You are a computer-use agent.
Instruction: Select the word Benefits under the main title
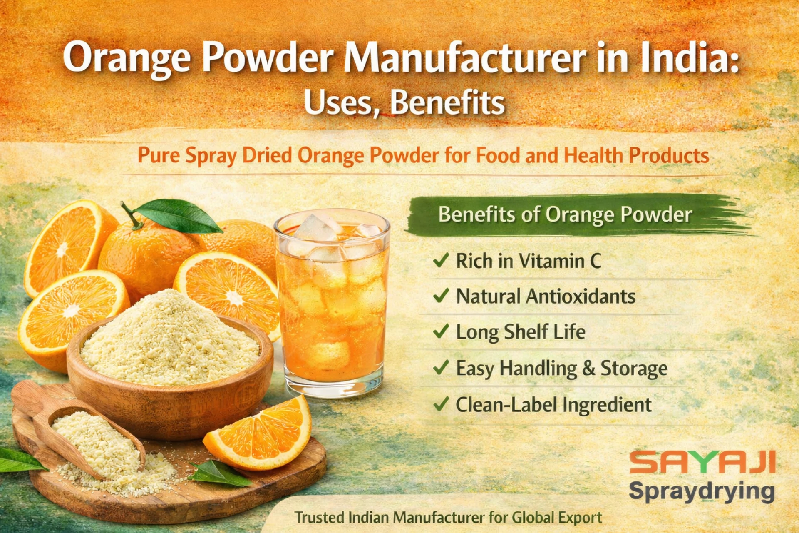pyautogui.click(x=448, y=102)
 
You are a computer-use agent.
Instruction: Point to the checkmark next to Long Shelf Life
pyautogui.click(x=441, y=331)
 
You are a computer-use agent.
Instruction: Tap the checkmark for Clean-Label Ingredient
pyautogui.click(x=441, y=403)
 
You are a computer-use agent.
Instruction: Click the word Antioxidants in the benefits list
pyautogui.click(x=581, y=296)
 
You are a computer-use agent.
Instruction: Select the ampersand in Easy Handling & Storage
pyautogui.click(x=588, y=368)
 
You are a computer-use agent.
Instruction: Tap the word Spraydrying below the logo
pyautogui.click(x=702, y=492)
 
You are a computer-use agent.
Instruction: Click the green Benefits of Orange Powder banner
pyautogui.click(x=578, y=216)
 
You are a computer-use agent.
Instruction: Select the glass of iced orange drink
pyautogui.click(x=332, y=303)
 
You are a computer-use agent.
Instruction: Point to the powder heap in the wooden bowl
pyautogui.click(x=169, y=339)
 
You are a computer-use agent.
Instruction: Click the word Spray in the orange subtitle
pyautogui.click(x=211, y=156)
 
